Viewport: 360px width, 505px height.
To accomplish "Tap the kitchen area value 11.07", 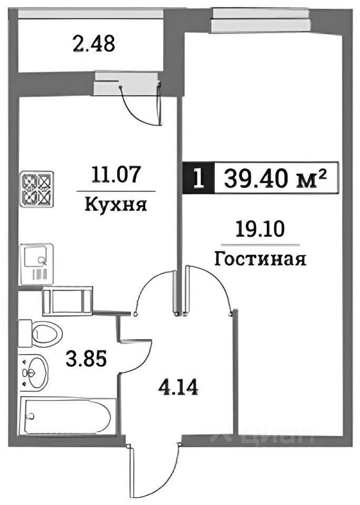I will pos(116,174).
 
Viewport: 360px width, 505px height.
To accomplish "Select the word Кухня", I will pos(115,204).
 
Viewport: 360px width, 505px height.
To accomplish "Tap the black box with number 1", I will pos(198,178).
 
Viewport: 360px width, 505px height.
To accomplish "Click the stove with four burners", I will pos(36,188).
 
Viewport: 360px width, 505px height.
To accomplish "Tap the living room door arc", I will pos(211,287).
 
